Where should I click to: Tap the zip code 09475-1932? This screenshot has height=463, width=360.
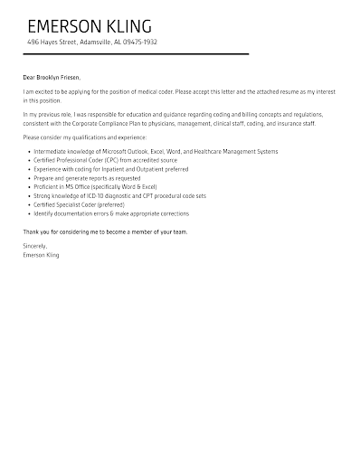coord(141,43)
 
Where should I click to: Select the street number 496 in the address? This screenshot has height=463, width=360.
coord(33,43)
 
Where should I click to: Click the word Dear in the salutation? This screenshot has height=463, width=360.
coord(29,78)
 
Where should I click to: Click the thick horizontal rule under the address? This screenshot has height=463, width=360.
coord(136,54)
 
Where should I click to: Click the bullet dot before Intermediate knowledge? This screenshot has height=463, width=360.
coord(28,152)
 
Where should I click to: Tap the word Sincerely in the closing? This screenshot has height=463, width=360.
coord(34,246)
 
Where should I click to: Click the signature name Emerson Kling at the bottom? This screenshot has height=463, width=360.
coord(41,254)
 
